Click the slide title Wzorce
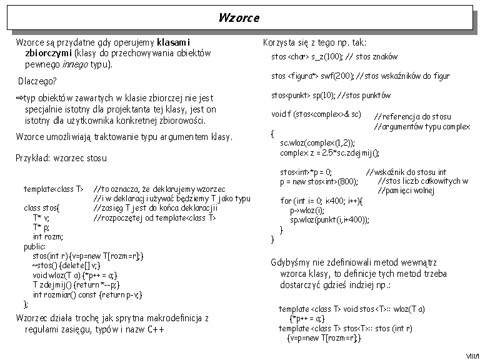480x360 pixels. pos(239,17)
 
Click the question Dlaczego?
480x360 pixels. pos(37,81)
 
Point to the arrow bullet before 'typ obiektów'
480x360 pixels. pos(19,98)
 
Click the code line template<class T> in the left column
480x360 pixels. pos(54,189)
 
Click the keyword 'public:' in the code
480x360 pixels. pos(34,246)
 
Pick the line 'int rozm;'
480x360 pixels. pos(48,237)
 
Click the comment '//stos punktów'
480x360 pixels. pos(364,96)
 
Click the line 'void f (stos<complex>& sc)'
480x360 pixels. pos(316,114)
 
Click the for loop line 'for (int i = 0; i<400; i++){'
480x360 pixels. pos(321,201)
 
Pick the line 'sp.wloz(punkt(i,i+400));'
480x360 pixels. pos(329,220)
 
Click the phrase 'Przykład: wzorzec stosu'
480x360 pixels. pos(61,158)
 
